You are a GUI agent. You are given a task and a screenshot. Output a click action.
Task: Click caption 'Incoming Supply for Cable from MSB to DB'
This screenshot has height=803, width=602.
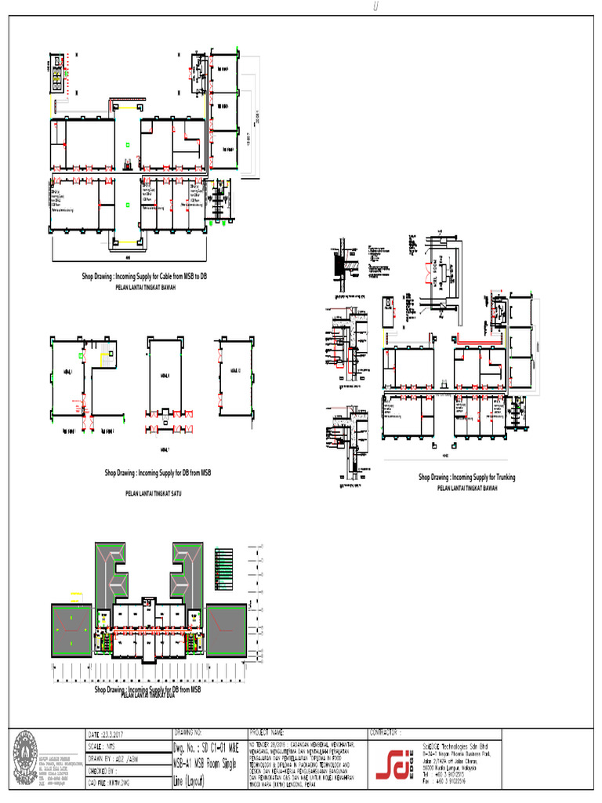[146, 277]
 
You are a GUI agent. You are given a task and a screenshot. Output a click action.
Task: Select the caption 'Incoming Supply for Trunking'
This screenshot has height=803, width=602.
[467, 477]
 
